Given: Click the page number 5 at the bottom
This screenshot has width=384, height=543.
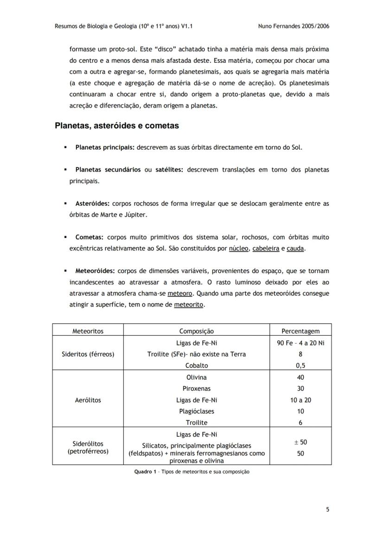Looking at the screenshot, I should [327, 509].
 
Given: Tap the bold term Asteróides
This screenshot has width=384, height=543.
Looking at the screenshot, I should [92, 204].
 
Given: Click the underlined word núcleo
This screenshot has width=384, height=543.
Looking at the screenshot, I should [239, 249].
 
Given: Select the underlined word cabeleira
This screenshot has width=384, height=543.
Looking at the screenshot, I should [266, 249].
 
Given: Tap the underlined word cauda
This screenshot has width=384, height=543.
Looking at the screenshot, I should [295, 249].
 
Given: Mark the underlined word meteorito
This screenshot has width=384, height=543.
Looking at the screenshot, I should [189, 305].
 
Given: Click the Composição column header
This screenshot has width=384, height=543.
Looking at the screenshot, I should [196, 331].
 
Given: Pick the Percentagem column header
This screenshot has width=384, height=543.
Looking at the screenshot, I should [301, 331].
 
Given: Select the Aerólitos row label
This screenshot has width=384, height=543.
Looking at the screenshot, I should [88, 400].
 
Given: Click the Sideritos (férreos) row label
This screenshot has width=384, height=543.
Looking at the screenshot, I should [88, 354].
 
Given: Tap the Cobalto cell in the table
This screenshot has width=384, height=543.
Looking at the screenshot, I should [196, 365].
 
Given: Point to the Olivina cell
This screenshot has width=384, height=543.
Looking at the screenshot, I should [196, 377].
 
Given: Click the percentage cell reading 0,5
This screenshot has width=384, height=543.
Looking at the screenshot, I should [301, 365].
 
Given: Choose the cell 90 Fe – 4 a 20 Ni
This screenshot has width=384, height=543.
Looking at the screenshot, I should [301, 343].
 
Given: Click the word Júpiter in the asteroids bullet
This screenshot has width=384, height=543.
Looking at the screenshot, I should [134, 215].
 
